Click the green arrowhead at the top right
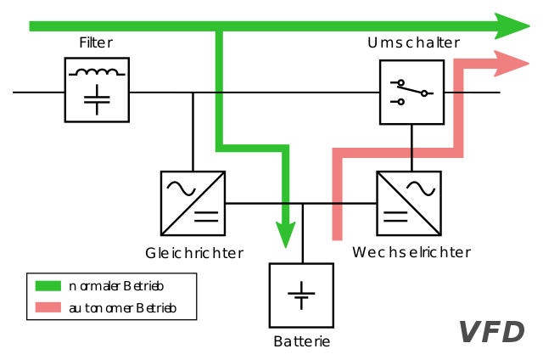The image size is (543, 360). click(512, 25)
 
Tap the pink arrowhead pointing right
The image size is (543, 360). click(512, 64)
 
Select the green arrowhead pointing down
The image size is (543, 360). click(286, 233)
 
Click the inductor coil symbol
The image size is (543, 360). click(97, 73)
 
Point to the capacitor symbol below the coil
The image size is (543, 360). click(97, 99)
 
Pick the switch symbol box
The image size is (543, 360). click(411, 92)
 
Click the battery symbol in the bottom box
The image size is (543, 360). click(301, 295)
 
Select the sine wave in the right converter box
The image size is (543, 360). click(420, 187)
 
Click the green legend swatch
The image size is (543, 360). click(48, 285)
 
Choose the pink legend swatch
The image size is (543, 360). click(48, 308)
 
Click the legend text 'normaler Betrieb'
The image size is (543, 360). click(116, 285)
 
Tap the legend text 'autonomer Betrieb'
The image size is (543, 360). click(122, 308)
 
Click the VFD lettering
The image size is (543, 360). click(492, 332)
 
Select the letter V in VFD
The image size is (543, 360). click(471, 332)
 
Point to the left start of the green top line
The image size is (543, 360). click(32, 25)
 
